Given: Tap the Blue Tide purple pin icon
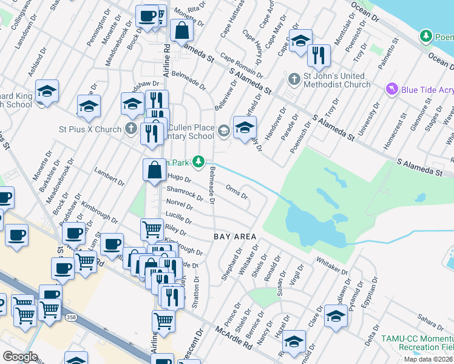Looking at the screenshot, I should [x=392, y=90].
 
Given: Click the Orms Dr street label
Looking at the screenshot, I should [x=236, y=192].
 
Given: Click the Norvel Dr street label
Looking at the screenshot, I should [x=180, y=204].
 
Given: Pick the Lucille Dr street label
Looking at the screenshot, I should [x=178, y=217].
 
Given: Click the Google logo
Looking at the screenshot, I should [x=20, y=357].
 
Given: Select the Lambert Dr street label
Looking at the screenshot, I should [x=110, y=177].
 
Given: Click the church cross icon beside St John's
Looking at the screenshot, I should [x=294, y=79].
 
